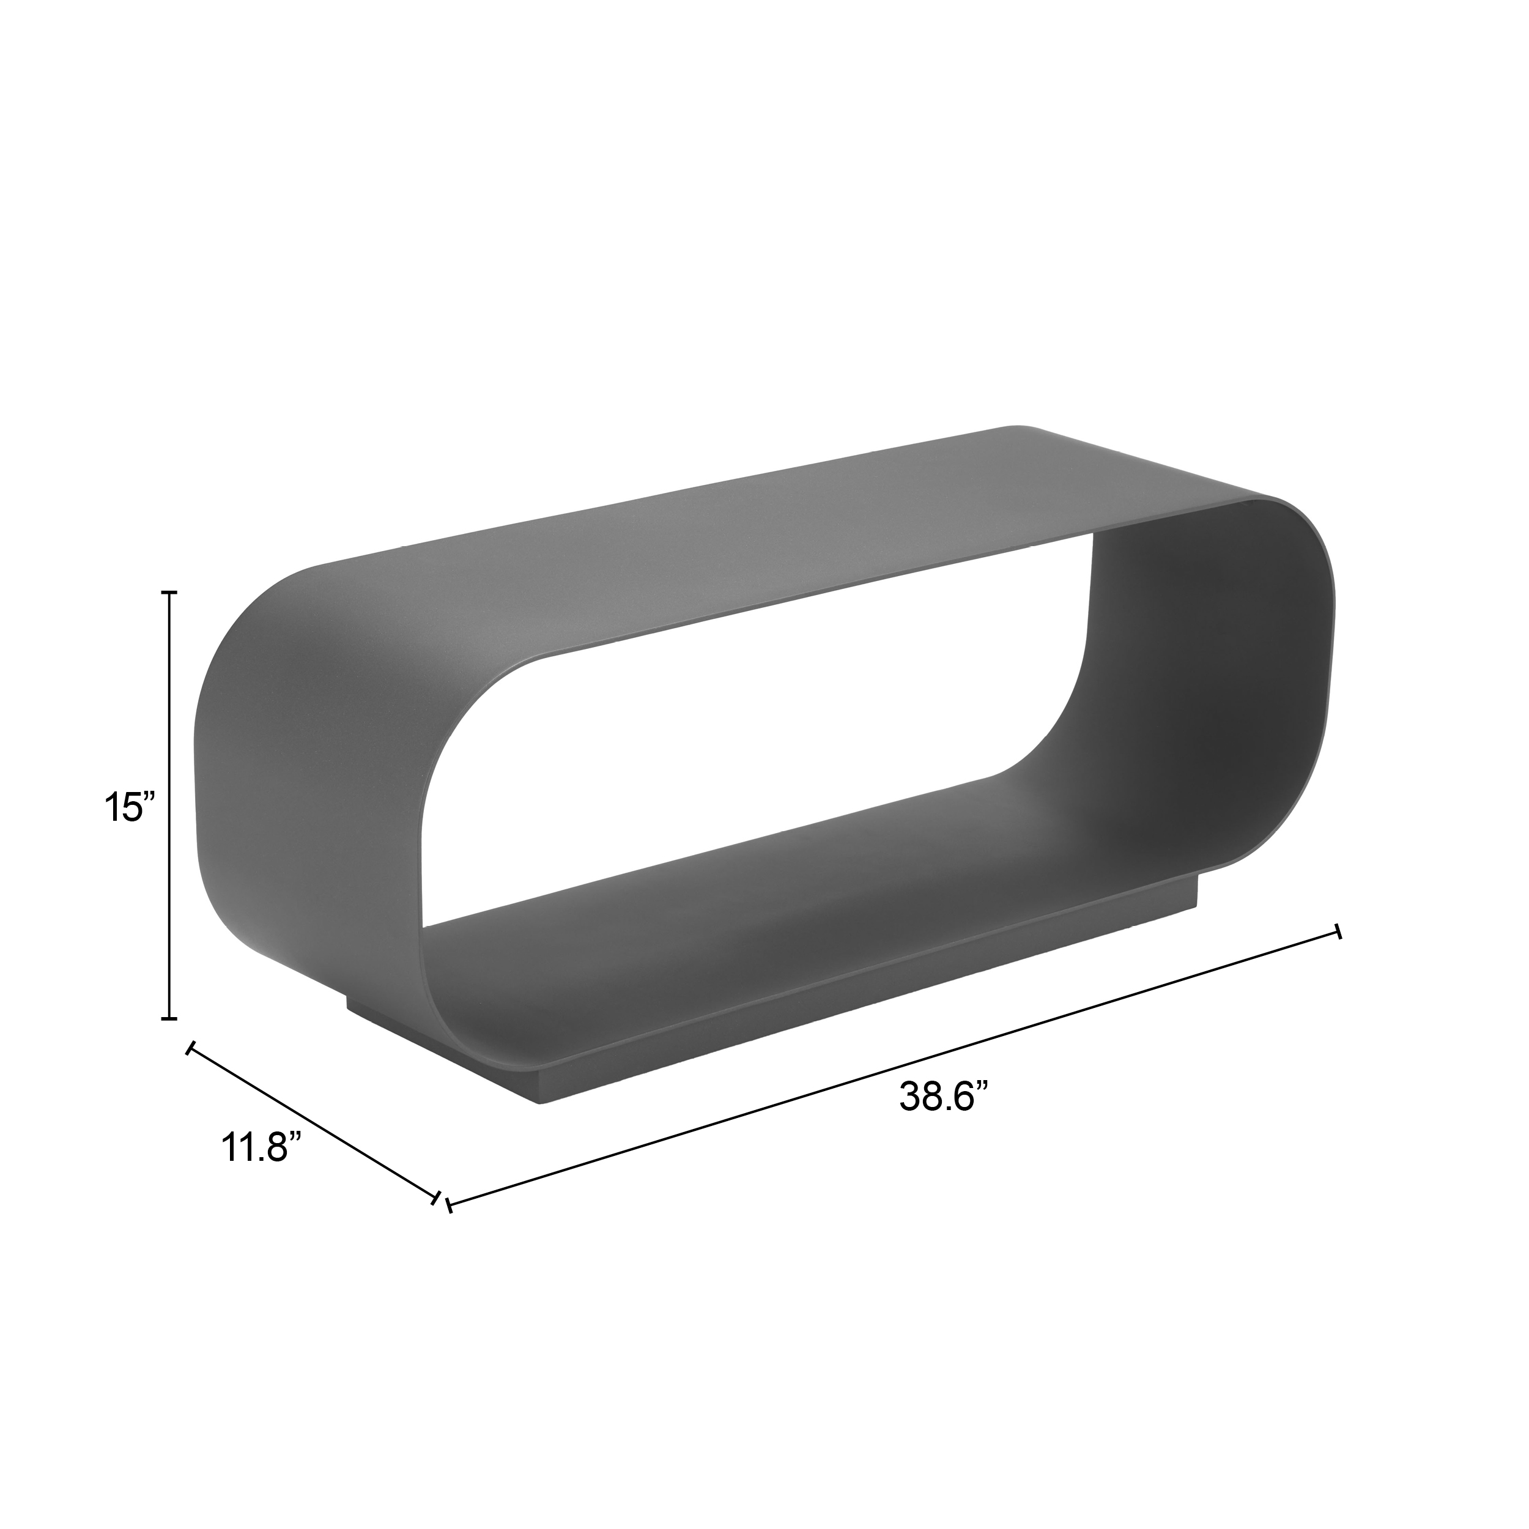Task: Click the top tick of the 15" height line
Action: click(169, 592)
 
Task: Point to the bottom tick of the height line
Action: click(169, 1018)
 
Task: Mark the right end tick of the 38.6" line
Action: click(1338, 931)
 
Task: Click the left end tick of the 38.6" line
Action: click(449, 1227)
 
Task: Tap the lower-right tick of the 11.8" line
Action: click(436, 1220)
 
